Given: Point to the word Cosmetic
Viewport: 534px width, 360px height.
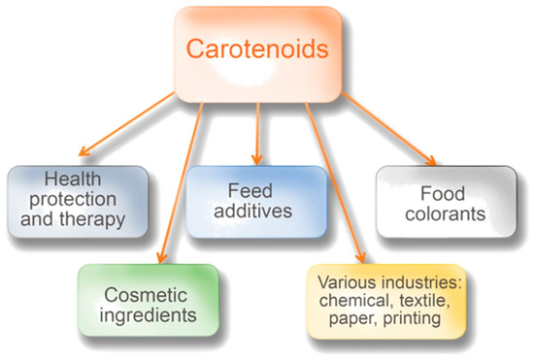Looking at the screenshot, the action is click(146, 292).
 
